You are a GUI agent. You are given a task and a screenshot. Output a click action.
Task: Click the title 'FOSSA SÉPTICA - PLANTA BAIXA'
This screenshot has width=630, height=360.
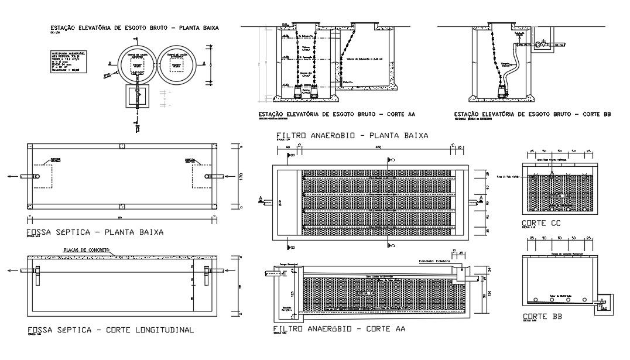[95, 232]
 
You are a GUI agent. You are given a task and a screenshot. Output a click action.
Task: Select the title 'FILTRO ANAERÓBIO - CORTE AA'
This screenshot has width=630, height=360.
[339, 329]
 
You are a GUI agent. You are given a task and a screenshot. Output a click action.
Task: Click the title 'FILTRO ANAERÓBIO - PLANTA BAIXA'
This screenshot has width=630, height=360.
[352, 135]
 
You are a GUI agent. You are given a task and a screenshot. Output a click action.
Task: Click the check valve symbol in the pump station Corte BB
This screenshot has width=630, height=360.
[540, 44]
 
